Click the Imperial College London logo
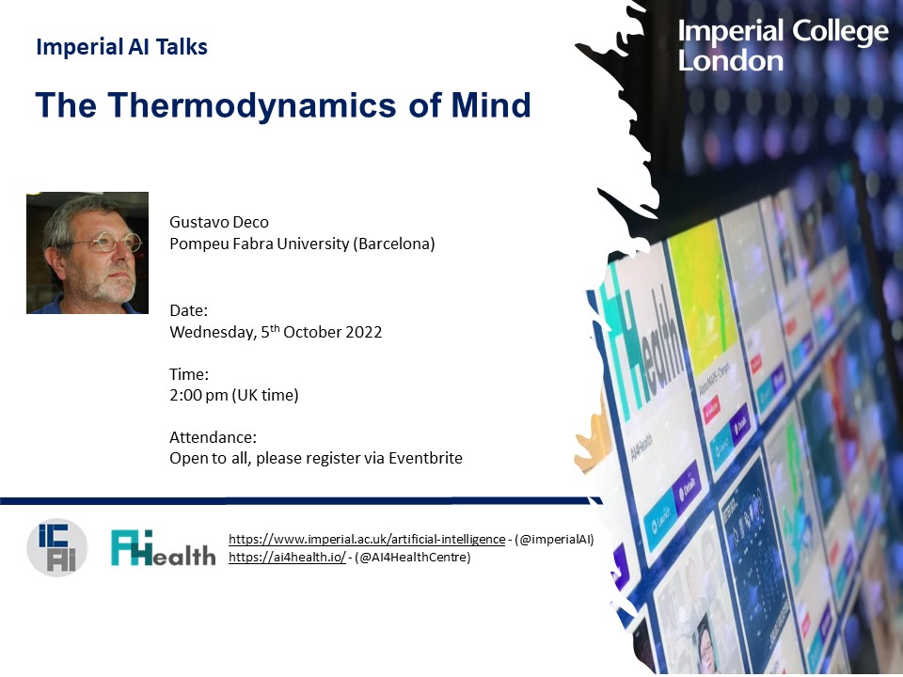[783, 46]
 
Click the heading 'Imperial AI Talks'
[121, 47]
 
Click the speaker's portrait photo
[87, 253]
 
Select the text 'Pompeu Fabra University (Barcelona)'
[301, 244]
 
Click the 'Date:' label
[188, 310]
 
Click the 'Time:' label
[189, 374]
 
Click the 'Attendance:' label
[213, 438]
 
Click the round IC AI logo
[56, 547]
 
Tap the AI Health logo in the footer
[163, 548]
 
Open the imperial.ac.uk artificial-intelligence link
[367, 539]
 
